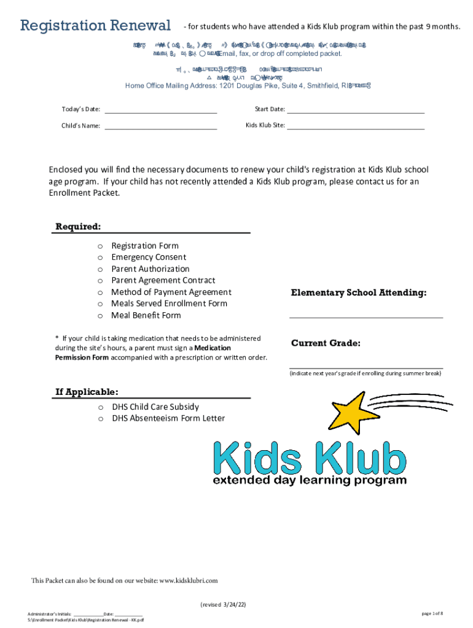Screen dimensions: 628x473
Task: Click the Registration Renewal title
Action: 95,26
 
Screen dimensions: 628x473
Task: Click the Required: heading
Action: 79,227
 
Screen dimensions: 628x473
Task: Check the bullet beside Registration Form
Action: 100,246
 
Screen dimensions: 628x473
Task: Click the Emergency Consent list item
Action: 149,258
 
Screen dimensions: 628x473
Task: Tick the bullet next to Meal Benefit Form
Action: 100,316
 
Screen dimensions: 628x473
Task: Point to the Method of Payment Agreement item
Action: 171,293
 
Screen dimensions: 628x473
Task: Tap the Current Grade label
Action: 326,343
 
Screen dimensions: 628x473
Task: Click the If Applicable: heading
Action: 87,392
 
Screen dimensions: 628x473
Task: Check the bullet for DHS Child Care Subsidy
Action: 100,407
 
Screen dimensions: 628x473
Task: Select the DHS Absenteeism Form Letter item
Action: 168,419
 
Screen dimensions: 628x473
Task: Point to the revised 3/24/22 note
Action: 223,605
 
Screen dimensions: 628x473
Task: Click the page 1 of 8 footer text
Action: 432,613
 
